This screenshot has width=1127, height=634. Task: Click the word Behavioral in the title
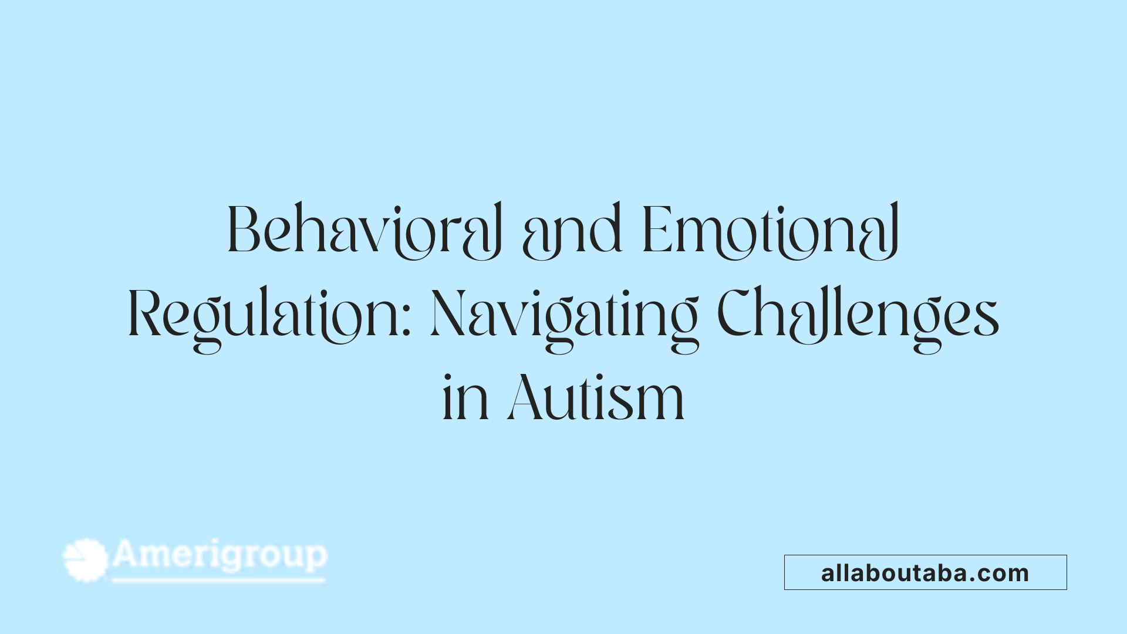click(364, 231)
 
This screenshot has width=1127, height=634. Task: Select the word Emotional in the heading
click(771, 231)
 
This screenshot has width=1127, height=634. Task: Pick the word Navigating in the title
click(564, 317)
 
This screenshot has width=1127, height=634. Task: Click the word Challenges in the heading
click(858, 317)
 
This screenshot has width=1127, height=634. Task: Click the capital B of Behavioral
click(243, 230)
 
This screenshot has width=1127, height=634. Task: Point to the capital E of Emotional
click(656, 230)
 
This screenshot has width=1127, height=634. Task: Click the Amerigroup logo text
click(220, 555)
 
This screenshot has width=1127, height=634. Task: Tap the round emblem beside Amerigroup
click(86, 559)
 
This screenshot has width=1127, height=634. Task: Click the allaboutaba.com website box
click(925, 572)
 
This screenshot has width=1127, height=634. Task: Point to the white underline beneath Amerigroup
click(218, 581)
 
